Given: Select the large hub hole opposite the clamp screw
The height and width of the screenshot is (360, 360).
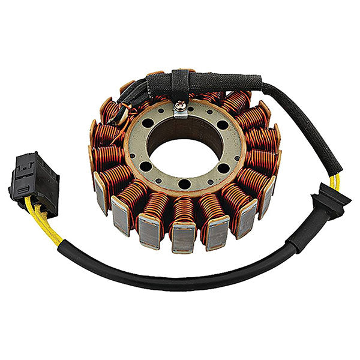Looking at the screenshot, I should pyautogui.click(x=185, y=184).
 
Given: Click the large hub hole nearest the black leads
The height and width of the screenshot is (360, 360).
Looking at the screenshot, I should pyautogui.click(x=147, y=124).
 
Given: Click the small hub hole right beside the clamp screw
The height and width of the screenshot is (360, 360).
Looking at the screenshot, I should pyautogui.click(x=193, y=110).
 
